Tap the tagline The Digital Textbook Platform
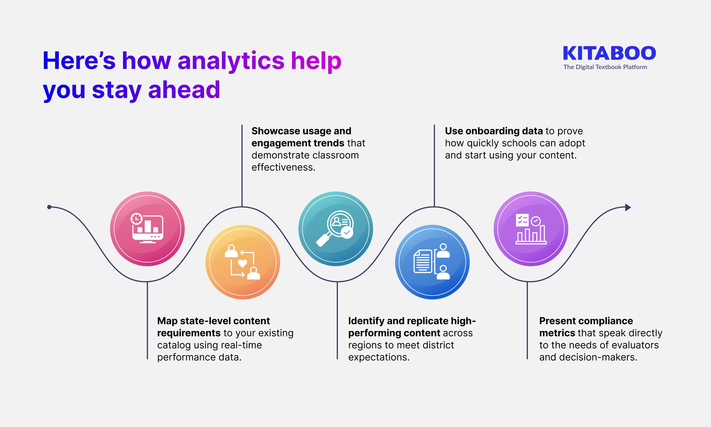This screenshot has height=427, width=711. (605, 67)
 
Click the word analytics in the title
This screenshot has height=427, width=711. (231, 61)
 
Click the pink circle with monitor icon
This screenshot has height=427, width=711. (147, 229)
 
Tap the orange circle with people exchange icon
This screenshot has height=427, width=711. (243, 262)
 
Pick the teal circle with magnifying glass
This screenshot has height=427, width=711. (336, 229)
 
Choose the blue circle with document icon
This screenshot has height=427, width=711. (432, 262)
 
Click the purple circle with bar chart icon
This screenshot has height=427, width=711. (531, 229)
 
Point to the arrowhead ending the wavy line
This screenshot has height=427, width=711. (628, 207)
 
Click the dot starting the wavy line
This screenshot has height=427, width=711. (49, 207)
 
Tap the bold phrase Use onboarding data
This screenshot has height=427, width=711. (494, 131)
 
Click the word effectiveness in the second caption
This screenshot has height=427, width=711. (283, 167)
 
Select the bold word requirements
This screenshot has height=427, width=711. (189, 333)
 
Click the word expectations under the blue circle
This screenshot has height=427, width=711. (378, 357)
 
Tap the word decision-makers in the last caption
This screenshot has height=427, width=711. (598, 357)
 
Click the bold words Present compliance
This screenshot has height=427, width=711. (586, 321)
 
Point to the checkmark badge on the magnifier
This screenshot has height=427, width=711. (347, 232)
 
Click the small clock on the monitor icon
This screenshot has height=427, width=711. (136, 219)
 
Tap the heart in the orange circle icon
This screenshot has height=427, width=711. (242, 263)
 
